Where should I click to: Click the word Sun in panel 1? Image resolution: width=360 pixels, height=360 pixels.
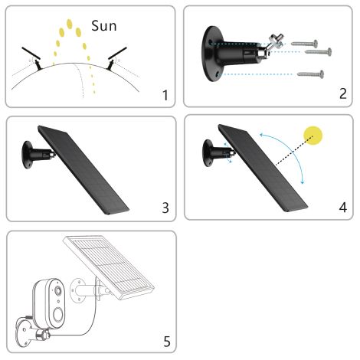[x=104, y=25]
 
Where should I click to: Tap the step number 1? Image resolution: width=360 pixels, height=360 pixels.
[x=165, y=96]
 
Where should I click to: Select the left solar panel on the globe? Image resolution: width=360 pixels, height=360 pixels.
[x=30, y=54]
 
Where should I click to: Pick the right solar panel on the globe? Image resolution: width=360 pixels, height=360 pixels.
[x=116, y=55]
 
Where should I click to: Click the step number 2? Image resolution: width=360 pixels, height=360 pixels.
[x=343, y=96]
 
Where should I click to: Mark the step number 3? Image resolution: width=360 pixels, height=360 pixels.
[x=165, y=208]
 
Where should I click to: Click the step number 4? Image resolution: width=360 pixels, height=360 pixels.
[x=343, y=208]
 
